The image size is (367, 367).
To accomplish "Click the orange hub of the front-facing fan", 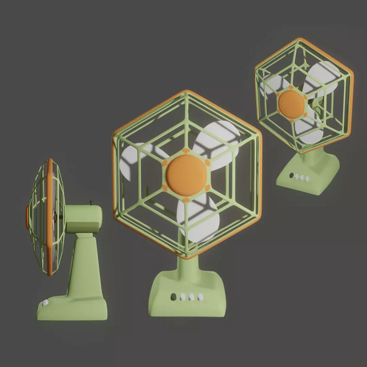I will coord(186,175).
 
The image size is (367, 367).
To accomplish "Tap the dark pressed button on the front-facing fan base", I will coord(174,297).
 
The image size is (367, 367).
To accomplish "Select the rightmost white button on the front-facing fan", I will coord(200,297).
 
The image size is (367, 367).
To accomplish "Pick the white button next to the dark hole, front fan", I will coord(183,297).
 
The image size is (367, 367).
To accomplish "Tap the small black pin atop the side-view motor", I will coord(91,203).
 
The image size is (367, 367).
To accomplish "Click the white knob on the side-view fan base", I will coord(45,303).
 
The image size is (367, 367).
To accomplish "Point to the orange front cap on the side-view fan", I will coord(27,217).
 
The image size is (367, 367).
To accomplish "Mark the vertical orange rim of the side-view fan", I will coord(50,217).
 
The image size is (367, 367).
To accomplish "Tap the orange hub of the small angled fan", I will coord(291,104).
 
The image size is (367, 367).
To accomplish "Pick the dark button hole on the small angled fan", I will coord(291,175).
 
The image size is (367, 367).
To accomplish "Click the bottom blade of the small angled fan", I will coord(308,131).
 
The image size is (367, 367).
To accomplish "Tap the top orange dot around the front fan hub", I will coord(186,151).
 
